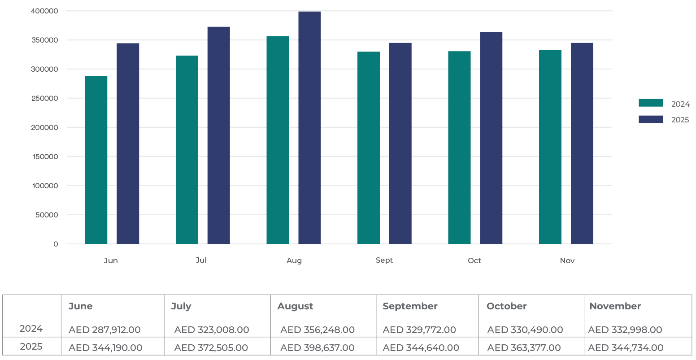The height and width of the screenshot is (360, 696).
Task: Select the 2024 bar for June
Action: pyautogui.click(x=96, y=160)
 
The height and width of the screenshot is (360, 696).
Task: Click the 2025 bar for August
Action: pyautogui.click(x=309, y=127)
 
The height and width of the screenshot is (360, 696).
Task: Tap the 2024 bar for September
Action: pyautogui.click(x=369, y=147)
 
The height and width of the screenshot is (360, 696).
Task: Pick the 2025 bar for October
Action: pyautogui.click(x=491, y=138)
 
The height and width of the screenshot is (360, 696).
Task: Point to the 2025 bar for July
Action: pyautogui.click(x=218, y=135)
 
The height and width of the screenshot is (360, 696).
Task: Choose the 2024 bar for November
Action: pyautogui.click(x=550, y=147)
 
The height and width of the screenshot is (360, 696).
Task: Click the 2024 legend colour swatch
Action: pyautogui.click(x=651, y=103)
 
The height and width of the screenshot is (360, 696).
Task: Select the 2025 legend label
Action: pyautogui.click(x=680, y=120)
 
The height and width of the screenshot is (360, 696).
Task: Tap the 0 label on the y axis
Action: pyautogui.click(x=56, y=244)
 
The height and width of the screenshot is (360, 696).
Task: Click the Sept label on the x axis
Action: pyautogui.click(x=384, y=260)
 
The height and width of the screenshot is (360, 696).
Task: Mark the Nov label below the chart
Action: pyautogui.click(x=567, y=260)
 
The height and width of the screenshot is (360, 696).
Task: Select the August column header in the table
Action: pyautogui.click(x=295, y=306)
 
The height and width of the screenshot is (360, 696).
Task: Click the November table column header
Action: pyautogui.click(x=615, y=306)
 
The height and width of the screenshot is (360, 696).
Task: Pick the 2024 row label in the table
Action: pyautogui.click(x=31, y=329)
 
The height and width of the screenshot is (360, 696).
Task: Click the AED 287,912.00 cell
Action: pyautogui.click(x=104, y=330)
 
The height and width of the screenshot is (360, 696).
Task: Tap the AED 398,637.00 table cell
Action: pyautogui.click(x=318, y=348)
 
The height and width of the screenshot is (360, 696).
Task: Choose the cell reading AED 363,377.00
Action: pyautogui.click(x=525, y=348)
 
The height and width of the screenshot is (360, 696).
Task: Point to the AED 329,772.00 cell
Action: pyautogui.click(x=419, y=330)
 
